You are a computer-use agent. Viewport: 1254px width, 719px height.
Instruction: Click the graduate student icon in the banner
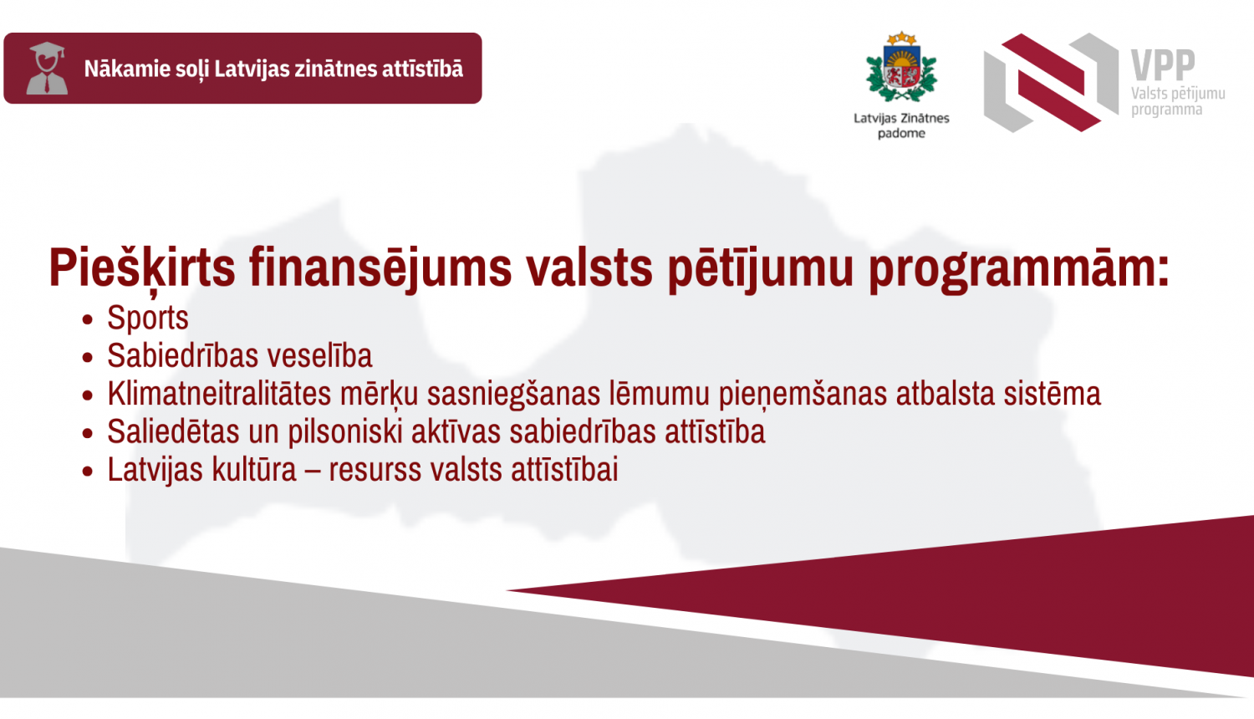point(47,69)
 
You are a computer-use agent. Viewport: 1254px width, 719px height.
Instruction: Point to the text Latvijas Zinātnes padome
point(901,125)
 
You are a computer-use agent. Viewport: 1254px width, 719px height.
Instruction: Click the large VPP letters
point(1163,64)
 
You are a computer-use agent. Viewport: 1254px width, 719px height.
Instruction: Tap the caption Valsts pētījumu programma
point(1177,101)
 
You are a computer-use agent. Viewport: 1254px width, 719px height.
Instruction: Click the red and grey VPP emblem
point(1051,82)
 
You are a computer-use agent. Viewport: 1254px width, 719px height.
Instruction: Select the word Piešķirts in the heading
point(142,268)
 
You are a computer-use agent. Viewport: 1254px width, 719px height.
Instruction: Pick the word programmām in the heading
point(1018,268)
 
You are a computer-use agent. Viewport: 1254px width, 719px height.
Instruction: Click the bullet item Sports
point(148,319)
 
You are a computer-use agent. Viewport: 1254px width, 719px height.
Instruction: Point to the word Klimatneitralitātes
point(219,394)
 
